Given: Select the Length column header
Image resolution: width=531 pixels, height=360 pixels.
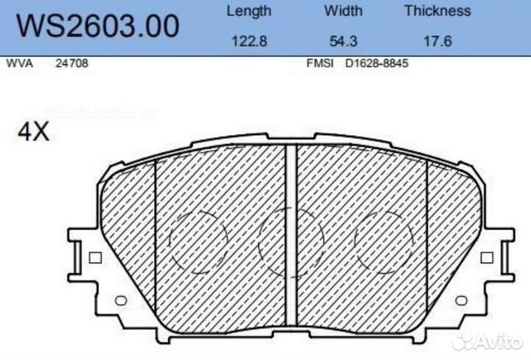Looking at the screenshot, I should coord(249,11).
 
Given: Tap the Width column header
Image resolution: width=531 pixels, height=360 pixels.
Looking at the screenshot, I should coord(343,11).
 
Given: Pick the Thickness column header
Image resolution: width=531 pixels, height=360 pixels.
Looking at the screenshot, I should coord(437,11).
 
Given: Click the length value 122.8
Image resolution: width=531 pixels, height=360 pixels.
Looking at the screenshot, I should coord(249,41).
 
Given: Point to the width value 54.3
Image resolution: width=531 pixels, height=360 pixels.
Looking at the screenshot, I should coord(343,41).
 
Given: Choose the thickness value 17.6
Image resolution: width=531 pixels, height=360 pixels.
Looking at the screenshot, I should coord(437,41).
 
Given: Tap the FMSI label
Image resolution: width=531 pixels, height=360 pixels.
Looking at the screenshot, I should coord(319,63).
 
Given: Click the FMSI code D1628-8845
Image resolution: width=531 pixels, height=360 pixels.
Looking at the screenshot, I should coord(377,63).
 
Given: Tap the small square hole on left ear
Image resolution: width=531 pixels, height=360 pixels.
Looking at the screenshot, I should coord(94,257).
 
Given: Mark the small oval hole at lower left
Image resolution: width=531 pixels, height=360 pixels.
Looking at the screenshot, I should coord(122,300).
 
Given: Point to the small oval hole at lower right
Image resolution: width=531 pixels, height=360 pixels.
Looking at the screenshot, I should coord(461,300).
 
